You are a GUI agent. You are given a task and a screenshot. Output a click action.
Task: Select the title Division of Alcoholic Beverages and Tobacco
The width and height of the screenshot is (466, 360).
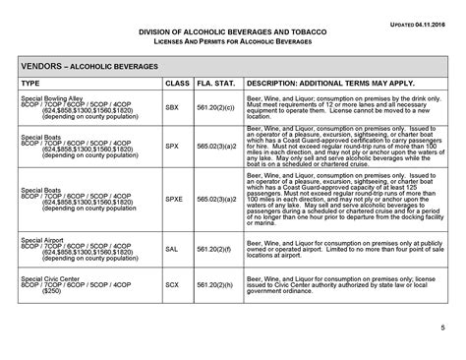[232, 32]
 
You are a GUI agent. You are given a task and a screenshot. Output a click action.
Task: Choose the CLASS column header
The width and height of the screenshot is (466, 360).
[177, 84]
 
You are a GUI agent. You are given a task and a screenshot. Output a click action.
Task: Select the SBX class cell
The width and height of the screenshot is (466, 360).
[173, 105]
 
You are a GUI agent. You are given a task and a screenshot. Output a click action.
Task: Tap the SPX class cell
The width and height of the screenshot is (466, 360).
[173, 146]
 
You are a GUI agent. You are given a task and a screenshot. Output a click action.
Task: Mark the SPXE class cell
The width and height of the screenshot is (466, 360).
[174, 198]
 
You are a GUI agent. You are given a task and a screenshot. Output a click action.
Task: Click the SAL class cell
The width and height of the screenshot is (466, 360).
[173, 250]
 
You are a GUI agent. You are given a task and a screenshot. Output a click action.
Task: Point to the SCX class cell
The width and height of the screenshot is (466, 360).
[173, 286]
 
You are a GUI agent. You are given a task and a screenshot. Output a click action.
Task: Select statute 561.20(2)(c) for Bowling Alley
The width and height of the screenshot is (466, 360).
[216, 105]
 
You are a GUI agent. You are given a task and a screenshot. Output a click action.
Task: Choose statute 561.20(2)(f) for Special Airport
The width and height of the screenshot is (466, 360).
[215, 250]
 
